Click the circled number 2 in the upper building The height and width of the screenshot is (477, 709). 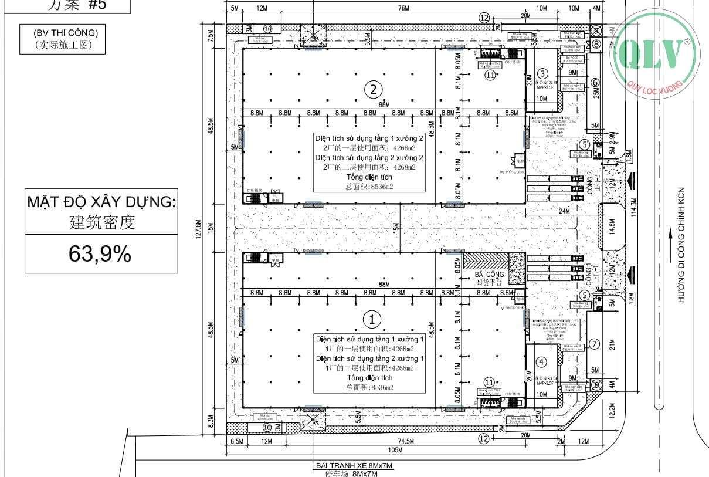pos(374,90)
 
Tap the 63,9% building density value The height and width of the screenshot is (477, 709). pos(100,254)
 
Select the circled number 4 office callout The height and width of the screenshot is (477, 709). pos(541,362)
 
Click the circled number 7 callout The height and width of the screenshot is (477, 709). pos(594,344)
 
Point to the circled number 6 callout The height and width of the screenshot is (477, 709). pos(595,83)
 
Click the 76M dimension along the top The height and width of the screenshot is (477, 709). pos(403,8)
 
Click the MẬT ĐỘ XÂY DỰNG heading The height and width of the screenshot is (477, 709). pos(101,203)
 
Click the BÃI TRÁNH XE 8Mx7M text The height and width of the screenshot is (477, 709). pos(354,466)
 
